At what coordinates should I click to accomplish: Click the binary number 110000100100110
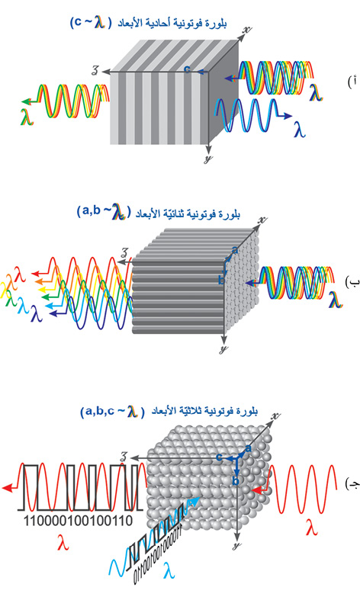tap(79, 521)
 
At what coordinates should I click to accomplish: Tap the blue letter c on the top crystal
tap(188, 69)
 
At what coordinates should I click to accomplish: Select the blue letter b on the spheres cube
tap(236, 481)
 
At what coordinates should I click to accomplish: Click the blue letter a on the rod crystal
tap(236, 250)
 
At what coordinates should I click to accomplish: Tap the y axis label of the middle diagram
tap(223, 349)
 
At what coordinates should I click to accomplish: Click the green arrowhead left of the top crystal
tap(25, 101)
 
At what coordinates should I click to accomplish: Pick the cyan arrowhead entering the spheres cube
tap(196, 500)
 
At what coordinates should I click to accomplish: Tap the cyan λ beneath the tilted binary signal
tap(169, 570)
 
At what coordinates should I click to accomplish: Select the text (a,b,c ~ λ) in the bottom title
tap(112, 412)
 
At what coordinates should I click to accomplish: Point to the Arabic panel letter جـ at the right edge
tap(352, 484)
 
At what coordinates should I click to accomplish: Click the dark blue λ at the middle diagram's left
tap(37, 313)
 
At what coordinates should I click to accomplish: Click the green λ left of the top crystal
tap(27, 117)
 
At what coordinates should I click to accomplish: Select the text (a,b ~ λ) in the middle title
tap(104, 212)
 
